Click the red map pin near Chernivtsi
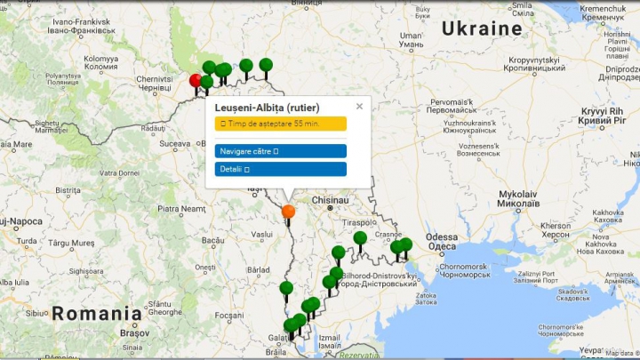(196, 81)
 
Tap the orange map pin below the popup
(288, 212)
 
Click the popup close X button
(359, 106)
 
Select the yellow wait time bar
(280, 123)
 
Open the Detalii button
(280, 168)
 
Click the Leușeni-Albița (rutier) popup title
(267, 108)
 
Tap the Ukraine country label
(482, 28)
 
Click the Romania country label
(96, 313)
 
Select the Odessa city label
(441, 237)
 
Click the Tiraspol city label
(361, 223)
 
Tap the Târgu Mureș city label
(71, 243)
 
